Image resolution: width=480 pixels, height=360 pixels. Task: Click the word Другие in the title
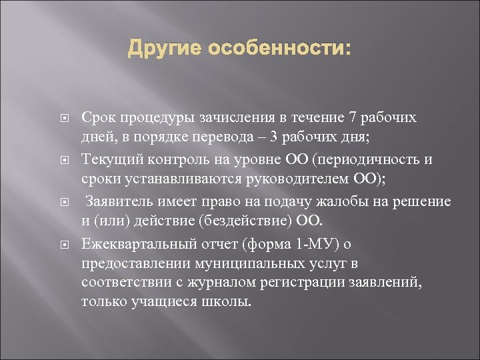coord(165,49)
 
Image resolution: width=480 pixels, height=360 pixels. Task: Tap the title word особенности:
coord(279,49)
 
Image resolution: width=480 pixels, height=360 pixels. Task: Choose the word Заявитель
coord(119,202)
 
